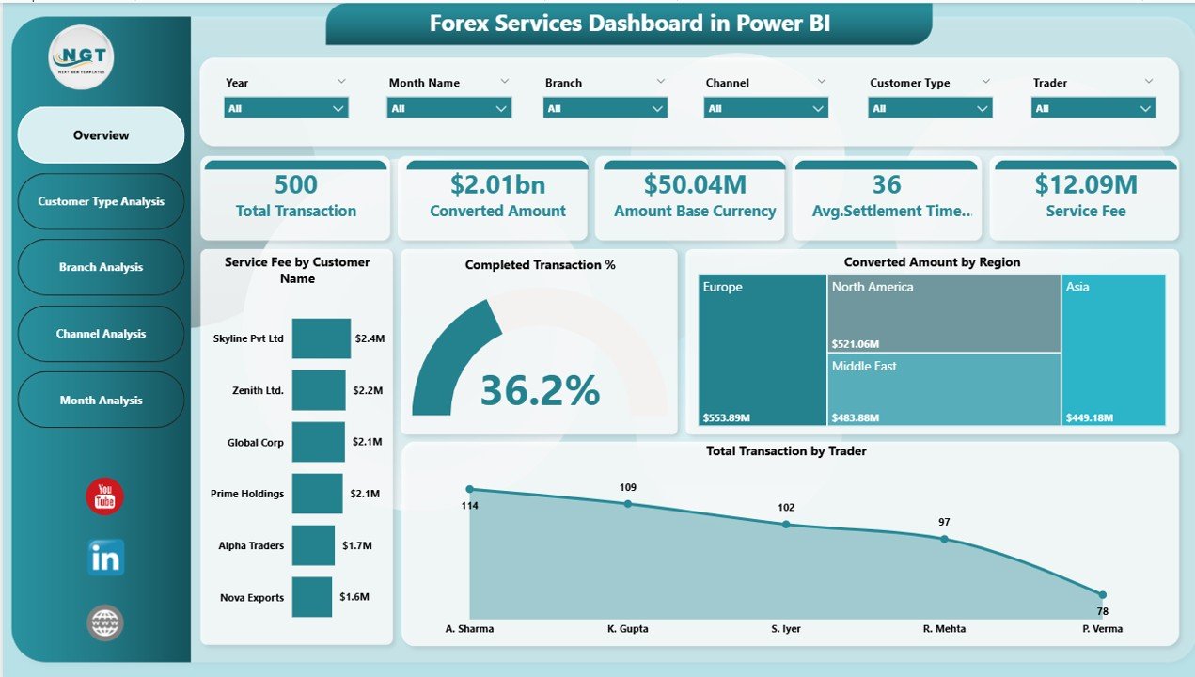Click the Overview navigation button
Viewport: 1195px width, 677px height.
[101, 135]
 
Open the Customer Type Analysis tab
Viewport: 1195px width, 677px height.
[101, 201]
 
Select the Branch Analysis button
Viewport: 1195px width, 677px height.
[101, 267]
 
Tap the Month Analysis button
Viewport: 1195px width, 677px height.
[101, 400]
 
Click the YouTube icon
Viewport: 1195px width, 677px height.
[104, 496]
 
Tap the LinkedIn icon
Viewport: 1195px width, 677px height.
[104, 558]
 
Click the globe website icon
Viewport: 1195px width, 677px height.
[104, 622]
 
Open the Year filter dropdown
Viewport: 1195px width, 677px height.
[286, 108]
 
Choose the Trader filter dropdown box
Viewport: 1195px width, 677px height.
[1093, 108]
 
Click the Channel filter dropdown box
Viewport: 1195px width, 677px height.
[765, 108]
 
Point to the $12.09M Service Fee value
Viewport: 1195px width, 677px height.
[1085, 184]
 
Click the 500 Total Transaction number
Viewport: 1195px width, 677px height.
[295, 184]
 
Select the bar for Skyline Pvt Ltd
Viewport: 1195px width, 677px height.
[321, 338]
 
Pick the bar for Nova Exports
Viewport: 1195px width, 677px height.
[311, 597]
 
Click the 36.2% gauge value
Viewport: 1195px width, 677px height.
[540, 390]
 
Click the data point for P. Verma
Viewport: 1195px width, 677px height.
[1102, 594]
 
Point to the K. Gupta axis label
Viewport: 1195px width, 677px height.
[627, 629]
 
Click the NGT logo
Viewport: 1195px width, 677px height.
[81, 57]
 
